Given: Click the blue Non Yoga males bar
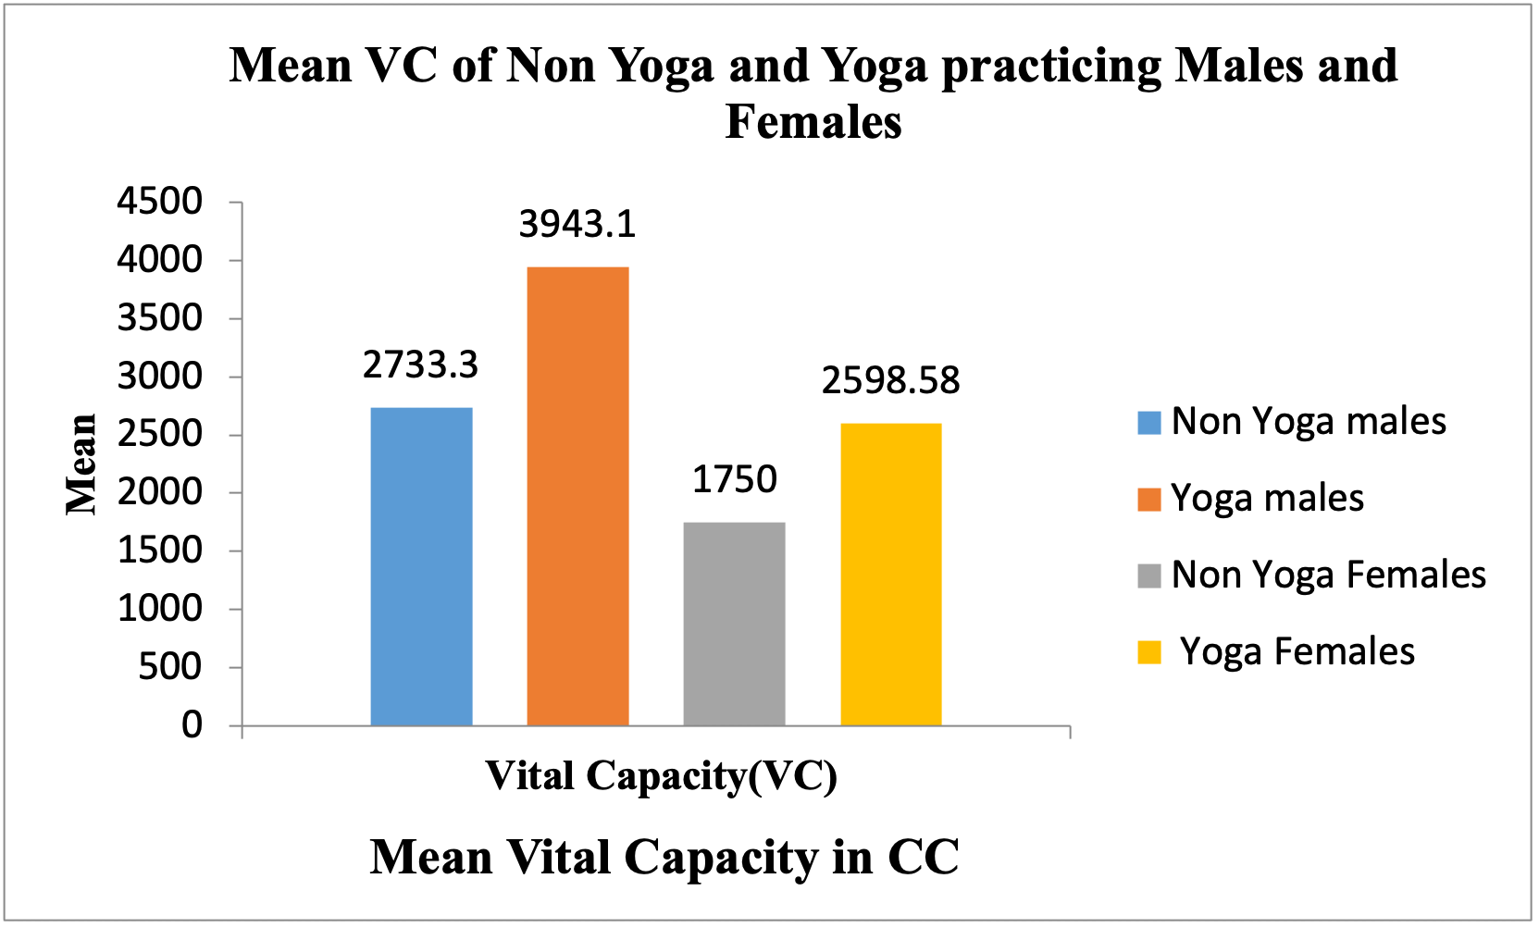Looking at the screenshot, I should pos(421,566).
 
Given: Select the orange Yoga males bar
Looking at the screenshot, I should pos(577,496).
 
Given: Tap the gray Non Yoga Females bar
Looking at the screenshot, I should pos(734,624).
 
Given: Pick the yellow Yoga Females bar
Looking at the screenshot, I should pos(890,574).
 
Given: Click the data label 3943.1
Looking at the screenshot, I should pos(577,225).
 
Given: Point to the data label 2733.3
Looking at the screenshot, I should pos(421,365).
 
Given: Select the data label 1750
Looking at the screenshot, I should pos(735,479).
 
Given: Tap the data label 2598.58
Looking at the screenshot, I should pos(890,381).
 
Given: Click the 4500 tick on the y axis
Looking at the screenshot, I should pos(159,201).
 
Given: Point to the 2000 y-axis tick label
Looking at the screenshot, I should pos(159,492).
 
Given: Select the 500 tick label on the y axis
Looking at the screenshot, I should pos(169,666).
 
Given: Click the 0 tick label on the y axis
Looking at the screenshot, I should pos(192,724).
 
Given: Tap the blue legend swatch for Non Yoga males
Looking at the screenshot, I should pos(1148,423).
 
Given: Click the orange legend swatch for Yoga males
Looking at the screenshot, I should pos(1148,500).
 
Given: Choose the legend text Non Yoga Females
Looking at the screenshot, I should pos(1328,575).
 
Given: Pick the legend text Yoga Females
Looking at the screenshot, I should pos(1297,652).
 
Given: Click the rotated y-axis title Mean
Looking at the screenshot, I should pos(81,464).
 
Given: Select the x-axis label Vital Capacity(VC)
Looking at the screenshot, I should pos(661,775).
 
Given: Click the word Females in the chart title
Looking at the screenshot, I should pos(813,121).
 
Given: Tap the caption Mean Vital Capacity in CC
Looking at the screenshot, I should pos(664,857).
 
